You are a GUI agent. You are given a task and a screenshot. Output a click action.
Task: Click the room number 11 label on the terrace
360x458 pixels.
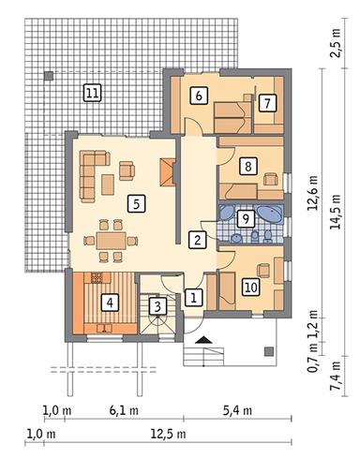point(93,93)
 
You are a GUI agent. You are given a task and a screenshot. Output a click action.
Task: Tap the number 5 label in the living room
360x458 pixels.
point(137,204)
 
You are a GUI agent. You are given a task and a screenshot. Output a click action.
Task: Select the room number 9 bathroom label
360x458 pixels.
point(246,219)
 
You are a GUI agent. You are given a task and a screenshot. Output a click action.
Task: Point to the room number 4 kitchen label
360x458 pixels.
point(110,303)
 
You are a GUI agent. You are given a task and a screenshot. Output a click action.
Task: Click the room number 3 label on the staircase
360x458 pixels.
point(157,306)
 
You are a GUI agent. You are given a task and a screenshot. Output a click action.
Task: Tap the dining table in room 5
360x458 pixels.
point(111,240)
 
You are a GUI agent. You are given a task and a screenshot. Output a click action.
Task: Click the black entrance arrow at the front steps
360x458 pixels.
point(203,340)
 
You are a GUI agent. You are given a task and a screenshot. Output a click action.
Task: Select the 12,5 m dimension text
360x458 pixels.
point(169,434)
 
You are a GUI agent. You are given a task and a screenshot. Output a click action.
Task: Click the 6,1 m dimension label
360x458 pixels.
point(124,410)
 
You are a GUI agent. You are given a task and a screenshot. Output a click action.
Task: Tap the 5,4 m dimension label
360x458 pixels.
point(237,410)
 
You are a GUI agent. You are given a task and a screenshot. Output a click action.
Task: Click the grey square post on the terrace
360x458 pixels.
point(49,76)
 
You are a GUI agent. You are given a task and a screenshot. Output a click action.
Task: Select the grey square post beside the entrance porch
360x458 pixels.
point(269,351)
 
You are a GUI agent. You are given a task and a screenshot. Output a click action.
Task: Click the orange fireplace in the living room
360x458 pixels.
point(168,172)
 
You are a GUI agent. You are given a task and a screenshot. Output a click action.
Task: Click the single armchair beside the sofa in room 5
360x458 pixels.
point(127,170)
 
